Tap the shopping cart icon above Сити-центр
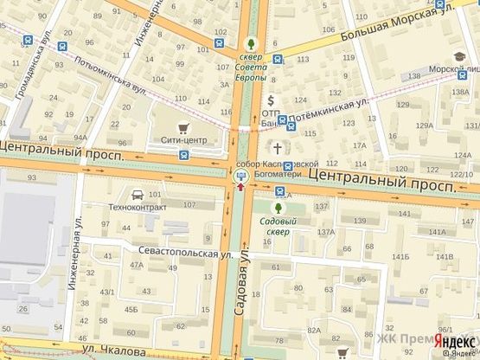pyautogui.click(x=182, y=120)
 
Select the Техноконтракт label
pyautogui.click(x=137, y=208)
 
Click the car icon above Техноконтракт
pyautogui.click(x=138, y=193)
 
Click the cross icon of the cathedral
pyautogui.click(x=278, y=147)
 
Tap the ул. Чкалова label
pyautogui.click(x=112, y=351)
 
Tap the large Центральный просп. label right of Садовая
pyautogui.click(x=382, y=180)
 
